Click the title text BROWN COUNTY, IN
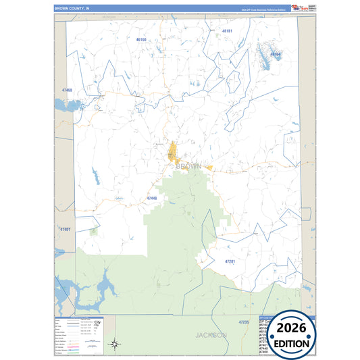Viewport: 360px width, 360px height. (x=72, y=8)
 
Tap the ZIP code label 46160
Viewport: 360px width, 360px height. (x=141, y=40)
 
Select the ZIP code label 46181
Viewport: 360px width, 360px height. (x=227, y=31)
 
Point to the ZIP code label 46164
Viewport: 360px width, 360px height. (x=275, y=53)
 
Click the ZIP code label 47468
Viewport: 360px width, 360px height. (x=66, y=90)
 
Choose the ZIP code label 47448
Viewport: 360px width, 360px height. (x=151, y=198)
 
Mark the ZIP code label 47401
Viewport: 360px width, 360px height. (x=65, y=230)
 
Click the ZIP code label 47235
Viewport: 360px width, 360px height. (x=244, y=322)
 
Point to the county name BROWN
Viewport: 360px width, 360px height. (x=188, y=165)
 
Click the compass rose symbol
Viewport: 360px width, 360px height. (x=115, y=344)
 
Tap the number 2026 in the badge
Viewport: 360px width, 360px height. (x=292, y=328)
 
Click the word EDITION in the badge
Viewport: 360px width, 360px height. (x=292, y=343)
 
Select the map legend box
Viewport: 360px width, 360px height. (x=78, y=335)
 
